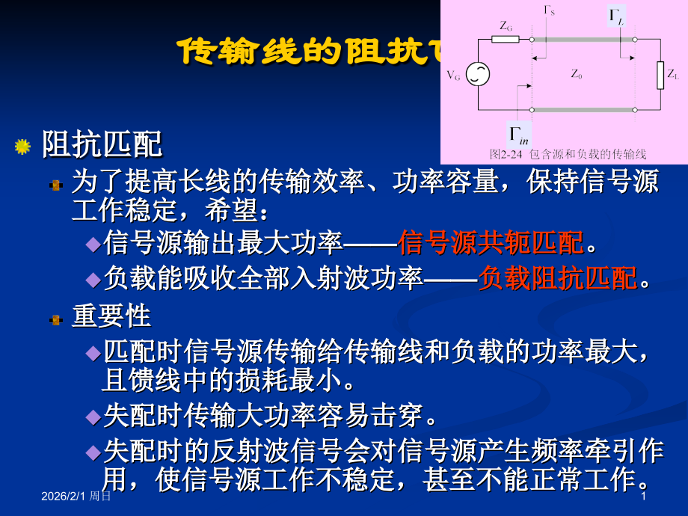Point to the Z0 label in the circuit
576,74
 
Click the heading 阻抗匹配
102,144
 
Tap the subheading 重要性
111,316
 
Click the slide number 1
643,496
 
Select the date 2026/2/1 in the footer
64,496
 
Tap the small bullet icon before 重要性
55,319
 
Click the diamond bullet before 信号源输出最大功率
93,244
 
